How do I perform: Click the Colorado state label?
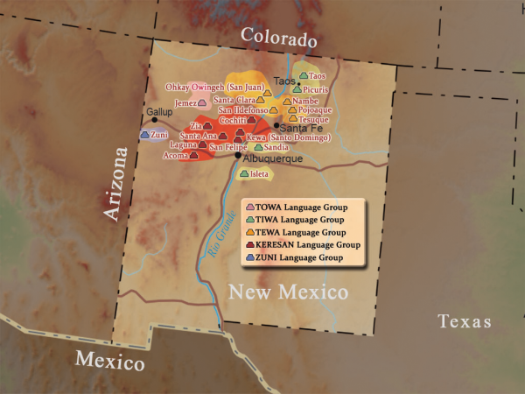(278, 38)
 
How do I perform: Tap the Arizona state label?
(115, 185)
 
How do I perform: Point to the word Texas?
(465, 321)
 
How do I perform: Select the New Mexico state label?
(288, 292)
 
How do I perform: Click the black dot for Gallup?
(155, 120)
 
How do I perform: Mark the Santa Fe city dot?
(277, 125)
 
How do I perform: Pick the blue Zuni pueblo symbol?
(144, 135)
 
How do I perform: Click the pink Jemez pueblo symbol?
(203, 102)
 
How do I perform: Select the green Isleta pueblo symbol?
(244, 173)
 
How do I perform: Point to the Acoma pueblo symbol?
(206, 156)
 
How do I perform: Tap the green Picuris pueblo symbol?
(297, 89)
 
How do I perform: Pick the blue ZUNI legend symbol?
(251, 258)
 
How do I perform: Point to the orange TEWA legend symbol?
(251, 233)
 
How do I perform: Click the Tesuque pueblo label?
(314, 119)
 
